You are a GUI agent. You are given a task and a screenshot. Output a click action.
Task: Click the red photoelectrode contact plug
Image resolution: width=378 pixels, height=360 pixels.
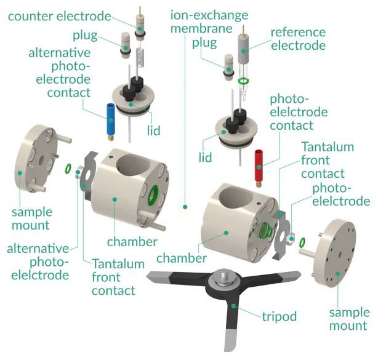259,165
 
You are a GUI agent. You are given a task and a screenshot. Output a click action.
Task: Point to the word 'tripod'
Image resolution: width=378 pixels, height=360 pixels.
278,317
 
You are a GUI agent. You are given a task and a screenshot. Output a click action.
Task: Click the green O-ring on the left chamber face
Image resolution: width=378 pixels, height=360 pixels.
151,196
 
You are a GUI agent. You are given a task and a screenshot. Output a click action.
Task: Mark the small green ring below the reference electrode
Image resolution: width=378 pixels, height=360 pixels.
244,81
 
